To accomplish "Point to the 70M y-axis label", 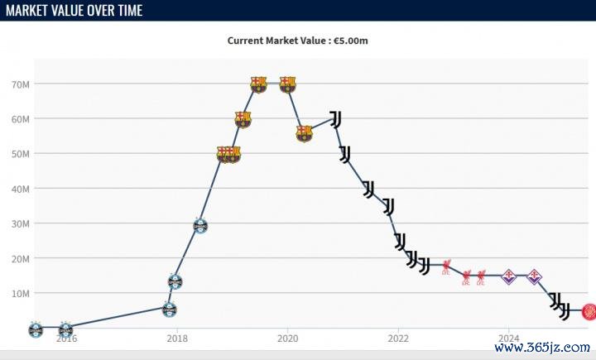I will pos(21,84).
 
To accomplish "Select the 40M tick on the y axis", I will pos(21,189).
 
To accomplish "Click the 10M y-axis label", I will pos(21,293).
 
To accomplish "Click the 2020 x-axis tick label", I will pos(287,338).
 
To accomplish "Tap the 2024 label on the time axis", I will pos(509,338).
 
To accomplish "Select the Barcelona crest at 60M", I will pos(243,119).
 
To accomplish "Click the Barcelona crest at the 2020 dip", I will pos(305,133).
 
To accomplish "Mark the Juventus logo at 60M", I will pos(335,119).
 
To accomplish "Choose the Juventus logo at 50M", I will pos(344,154).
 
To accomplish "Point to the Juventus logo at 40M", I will pos(368,189).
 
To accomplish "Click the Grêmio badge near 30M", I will pos(199,225).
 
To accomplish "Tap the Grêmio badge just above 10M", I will pos(175,281).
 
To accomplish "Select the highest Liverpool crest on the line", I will pos(447,266).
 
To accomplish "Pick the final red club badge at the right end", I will pos(589,311).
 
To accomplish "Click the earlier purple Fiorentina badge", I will pos(509,276).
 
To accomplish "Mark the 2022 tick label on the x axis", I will pos(398,338).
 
